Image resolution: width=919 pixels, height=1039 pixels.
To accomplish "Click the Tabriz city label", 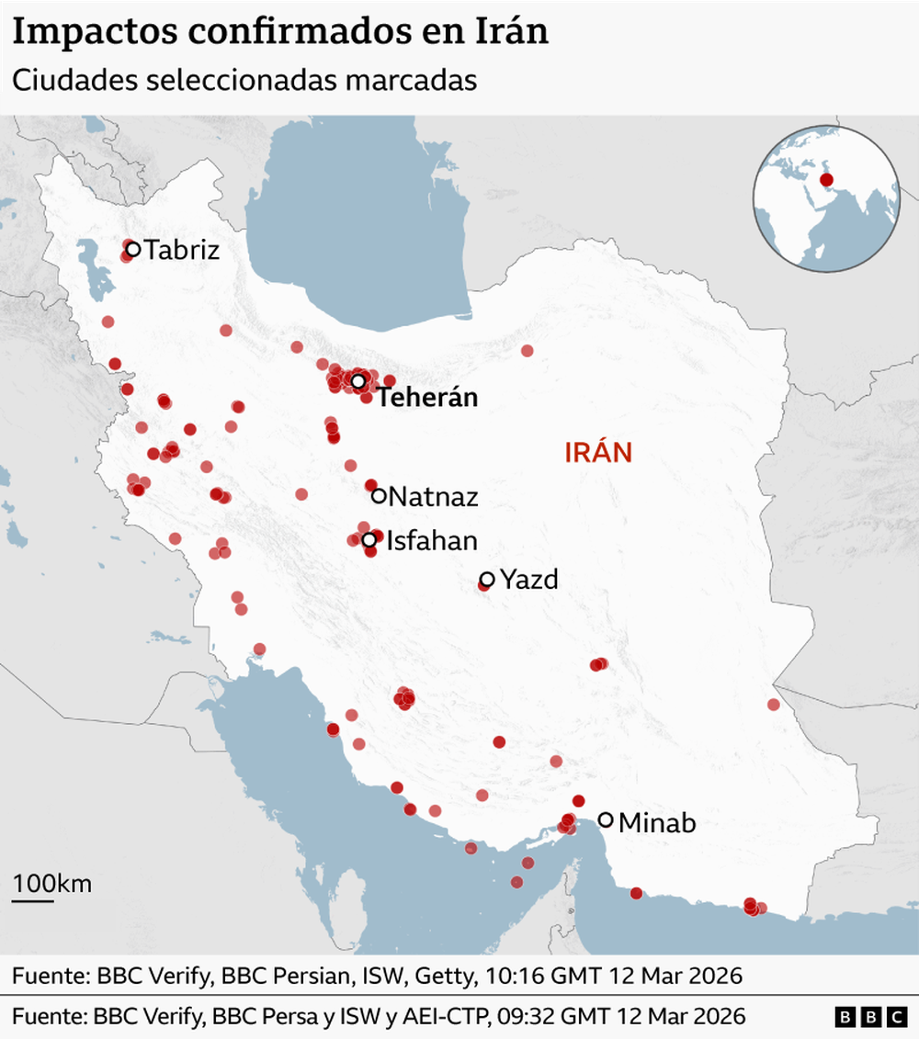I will click(x=182, y=249).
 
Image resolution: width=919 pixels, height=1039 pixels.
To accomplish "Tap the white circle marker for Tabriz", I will click(x=132, y=248).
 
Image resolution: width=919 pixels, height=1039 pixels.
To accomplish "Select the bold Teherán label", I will click(x=428, y=399).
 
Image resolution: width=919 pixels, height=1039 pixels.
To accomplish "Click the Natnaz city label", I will click(x=434, y=498).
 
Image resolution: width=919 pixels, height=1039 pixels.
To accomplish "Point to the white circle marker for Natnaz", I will click(x=379, y=496).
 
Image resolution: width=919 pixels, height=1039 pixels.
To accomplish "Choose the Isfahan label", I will click(x=432, y=541).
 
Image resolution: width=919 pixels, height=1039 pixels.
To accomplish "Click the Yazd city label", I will click(x=529, y=581).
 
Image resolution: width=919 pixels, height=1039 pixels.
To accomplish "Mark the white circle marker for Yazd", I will click(x=487, y=580).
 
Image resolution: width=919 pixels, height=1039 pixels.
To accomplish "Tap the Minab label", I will click(x=657, y=823).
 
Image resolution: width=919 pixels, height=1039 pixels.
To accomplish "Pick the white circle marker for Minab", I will click(x=606, y=819).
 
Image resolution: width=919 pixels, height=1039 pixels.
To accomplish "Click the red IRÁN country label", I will click(x=598, y=452).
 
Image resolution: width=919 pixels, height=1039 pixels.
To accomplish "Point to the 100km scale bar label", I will click(x=51, y=884).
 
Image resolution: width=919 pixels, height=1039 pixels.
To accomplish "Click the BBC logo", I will click(x=871, y=1017).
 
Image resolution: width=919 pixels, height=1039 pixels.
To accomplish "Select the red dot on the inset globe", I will click(x=826, y=180).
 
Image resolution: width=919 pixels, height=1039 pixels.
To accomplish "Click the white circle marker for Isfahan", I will click(x=369, y=540).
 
